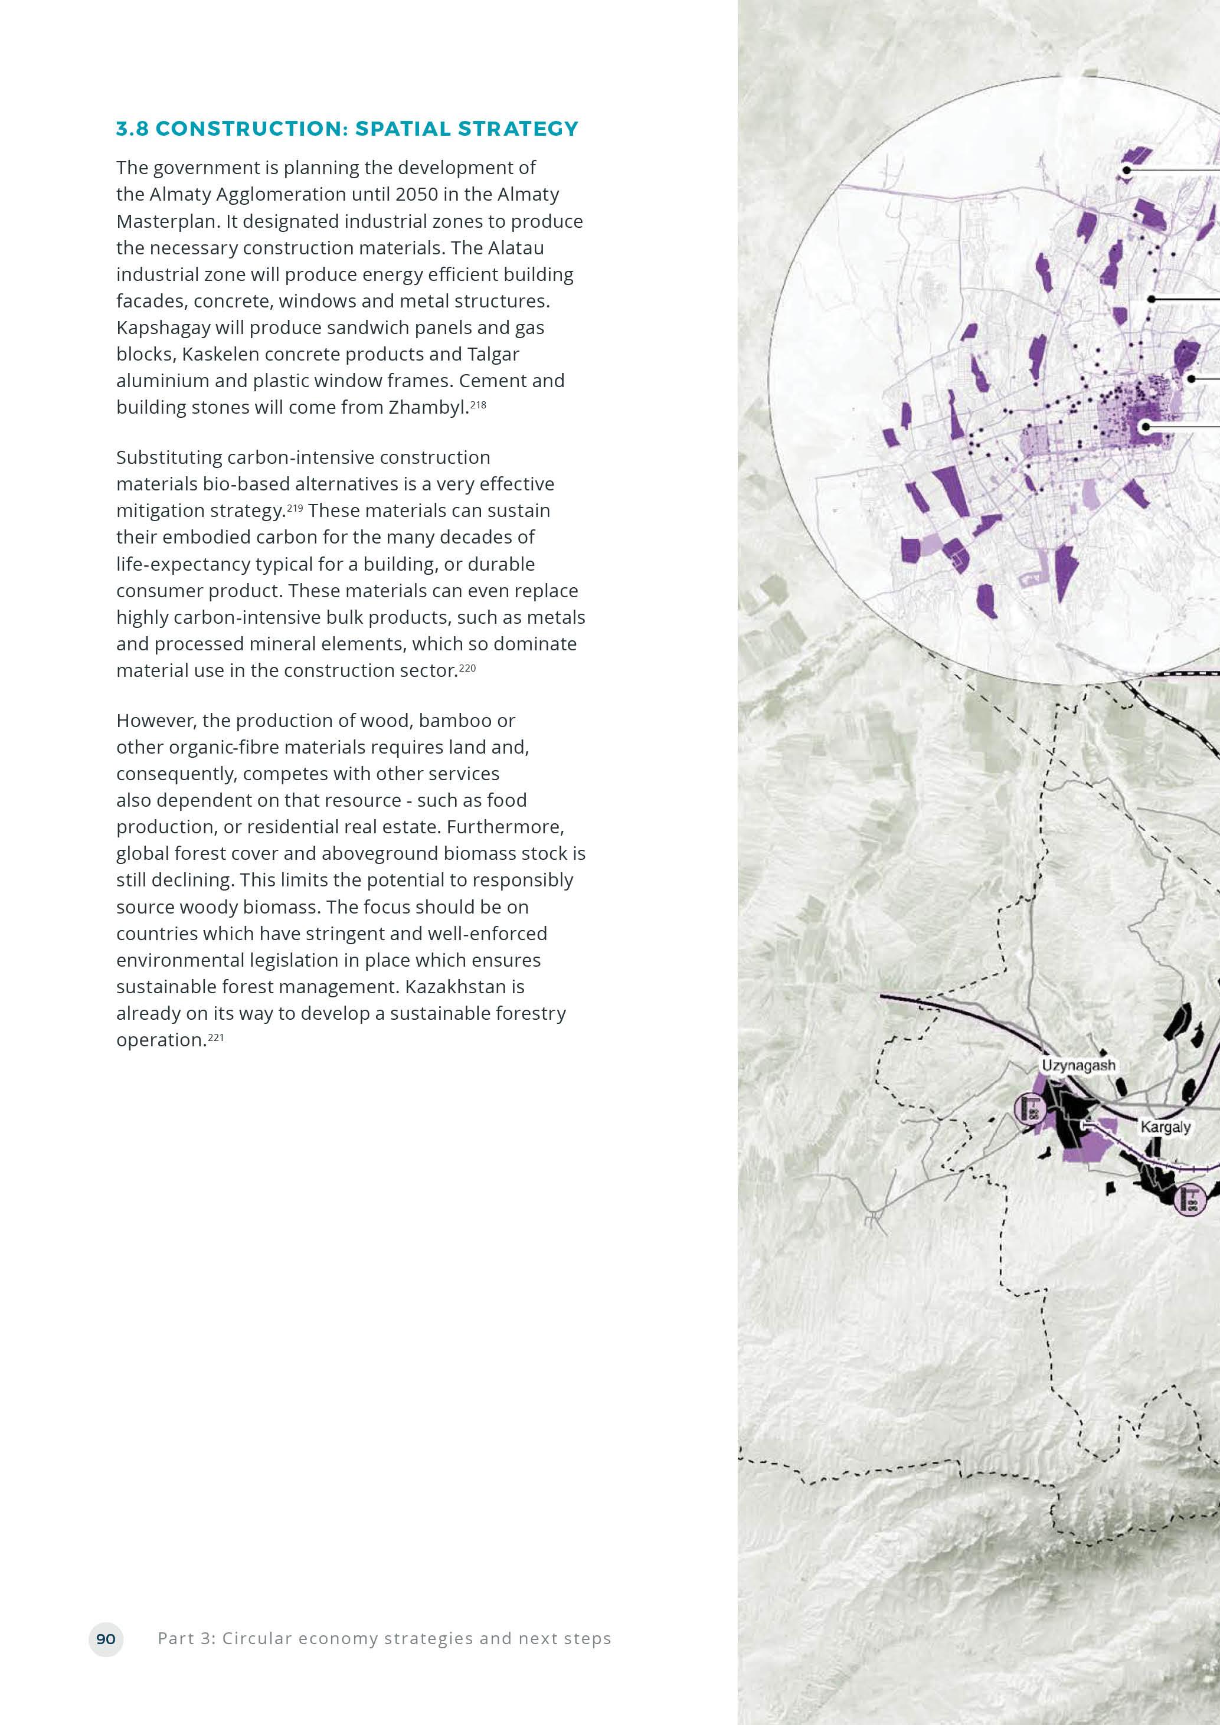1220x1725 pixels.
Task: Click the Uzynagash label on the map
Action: (x=1078, y=1065)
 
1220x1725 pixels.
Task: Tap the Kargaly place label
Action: (x=1165, y=1127)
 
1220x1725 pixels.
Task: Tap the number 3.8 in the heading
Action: (x=132, y=129)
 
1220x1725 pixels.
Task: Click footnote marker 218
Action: (x=479, y=405)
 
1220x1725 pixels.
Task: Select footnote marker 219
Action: (x=295, y=509)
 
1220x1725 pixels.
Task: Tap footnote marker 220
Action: (x=467, y=668)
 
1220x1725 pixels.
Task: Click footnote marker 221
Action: (x=215, y=1038)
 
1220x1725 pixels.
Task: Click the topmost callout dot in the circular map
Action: (x=1126, y=171)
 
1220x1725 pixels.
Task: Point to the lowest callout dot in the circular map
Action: (x=1146, y=427)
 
